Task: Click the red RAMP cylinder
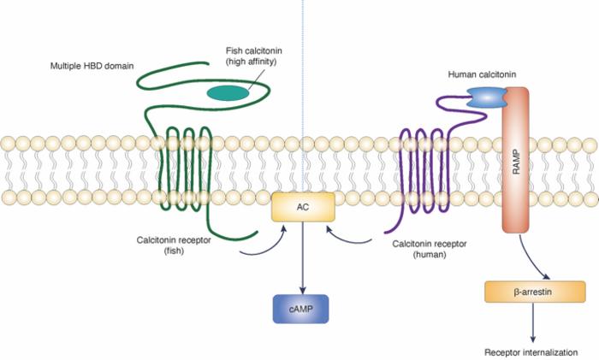pyautogui.click(x=516, y=171)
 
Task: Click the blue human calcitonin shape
pyautogui.click(x=485, y=98)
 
